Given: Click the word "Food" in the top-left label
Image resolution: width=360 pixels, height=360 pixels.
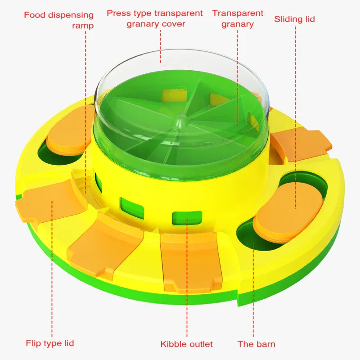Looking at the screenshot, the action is pos(35,15).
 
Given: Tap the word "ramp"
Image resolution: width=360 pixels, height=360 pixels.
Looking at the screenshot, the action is pos(83,26).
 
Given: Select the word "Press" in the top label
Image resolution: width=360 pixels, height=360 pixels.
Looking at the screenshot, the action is pos(119,13).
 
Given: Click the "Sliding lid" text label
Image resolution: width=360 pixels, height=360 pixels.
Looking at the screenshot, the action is pos(294,19).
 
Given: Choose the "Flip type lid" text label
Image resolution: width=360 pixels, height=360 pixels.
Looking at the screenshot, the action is pos(50,343).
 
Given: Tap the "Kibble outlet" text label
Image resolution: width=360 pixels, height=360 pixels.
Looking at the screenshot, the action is pos(186,344).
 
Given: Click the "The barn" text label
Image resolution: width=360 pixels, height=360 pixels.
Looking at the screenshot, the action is pos(256,344).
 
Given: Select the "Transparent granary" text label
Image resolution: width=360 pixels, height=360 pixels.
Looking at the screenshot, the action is pos(238,18).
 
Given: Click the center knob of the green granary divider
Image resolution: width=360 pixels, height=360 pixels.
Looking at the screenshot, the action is pos(180,121).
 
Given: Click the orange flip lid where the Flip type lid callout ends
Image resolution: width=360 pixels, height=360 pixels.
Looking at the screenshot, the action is pos(52,202).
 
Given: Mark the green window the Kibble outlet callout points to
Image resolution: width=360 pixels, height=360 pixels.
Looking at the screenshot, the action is pos(187,218).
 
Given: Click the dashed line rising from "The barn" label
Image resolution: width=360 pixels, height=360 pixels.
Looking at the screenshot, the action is pos(253,289).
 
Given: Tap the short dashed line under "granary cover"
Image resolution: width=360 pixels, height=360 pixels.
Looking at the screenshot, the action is pos(161,46).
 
